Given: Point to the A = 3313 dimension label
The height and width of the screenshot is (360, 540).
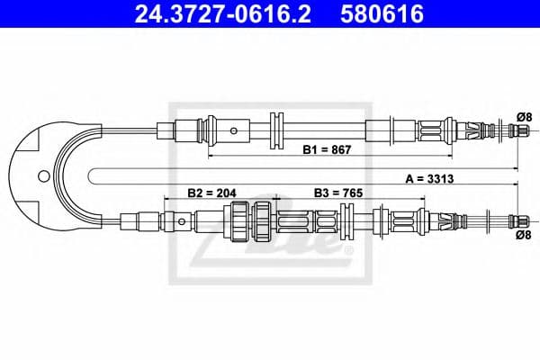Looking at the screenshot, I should pyautogui.click(x=429, y=178).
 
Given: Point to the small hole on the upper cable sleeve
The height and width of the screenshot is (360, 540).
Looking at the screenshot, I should pyautogui.click(x=234, y=130).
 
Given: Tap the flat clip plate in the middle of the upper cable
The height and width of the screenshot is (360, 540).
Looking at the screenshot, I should pyautogui.click(x=276, y=130).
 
